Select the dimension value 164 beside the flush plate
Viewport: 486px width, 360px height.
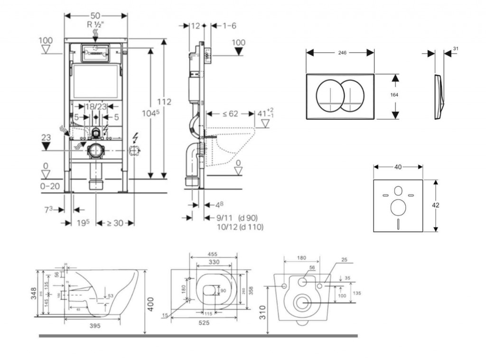394,95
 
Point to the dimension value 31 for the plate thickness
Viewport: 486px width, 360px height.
456,48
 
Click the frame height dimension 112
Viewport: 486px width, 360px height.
164,102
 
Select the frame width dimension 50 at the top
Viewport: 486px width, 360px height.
96,15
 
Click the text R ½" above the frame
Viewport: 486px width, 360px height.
96,25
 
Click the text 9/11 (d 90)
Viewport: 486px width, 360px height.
236,218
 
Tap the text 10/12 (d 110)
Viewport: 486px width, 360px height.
239,227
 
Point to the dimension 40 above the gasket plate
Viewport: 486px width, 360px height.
398,167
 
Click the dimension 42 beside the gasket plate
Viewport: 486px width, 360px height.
436,205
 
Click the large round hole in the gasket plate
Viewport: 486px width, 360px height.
398,207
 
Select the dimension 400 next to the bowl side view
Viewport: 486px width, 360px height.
150,303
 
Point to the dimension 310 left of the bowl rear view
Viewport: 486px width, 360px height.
263,312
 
